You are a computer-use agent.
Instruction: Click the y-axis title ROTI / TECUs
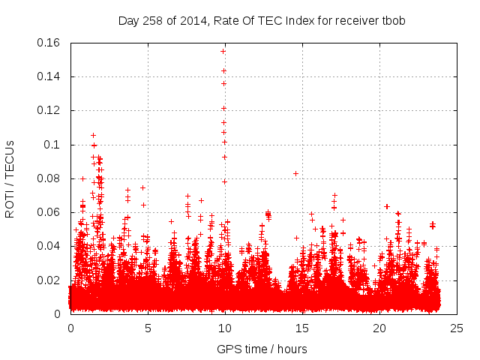coord(10,178)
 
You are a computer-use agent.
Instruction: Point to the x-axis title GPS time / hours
coord(262,349)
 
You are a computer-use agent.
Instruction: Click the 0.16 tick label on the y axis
coord(49,43)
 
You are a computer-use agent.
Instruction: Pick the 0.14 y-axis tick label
coord(49,76)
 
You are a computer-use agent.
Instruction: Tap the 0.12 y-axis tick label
coord(49,110)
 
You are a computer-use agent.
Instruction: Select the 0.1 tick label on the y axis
coord(52,145)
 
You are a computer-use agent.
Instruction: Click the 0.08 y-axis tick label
coord(49,178)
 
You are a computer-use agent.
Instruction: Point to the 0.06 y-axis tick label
coord(49,212)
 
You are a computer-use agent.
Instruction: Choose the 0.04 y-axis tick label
coord(49,246)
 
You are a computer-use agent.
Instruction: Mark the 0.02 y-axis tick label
coord(49,280)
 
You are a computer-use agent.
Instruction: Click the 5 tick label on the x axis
coord(148,328)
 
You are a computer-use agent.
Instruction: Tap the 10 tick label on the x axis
coord(225,328)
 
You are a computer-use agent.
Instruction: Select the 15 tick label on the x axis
coord(302,328)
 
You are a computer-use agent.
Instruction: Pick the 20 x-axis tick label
coord(379,328)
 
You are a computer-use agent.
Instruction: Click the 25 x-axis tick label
coord(457,328)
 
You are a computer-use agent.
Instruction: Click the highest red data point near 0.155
coord(223,51)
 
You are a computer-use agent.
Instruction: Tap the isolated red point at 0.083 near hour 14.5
coord(295,173)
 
